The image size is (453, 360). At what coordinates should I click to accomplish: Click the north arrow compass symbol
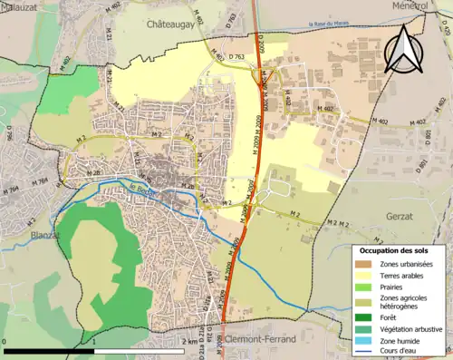coord(403,49)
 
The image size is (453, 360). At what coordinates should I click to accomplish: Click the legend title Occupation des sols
coord(398,250)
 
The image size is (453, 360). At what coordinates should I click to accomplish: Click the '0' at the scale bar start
coord(5,342)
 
